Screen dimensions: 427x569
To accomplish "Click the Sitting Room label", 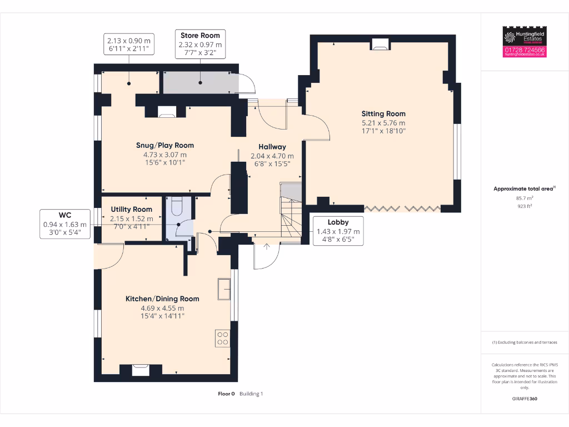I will [383, 113].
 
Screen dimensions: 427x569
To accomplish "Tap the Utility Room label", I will [131, 210].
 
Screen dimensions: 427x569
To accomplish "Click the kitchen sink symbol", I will [224, 289].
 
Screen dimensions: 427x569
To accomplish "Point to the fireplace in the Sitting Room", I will [380, 44].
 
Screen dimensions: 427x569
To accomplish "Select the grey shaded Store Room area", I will [199, 83].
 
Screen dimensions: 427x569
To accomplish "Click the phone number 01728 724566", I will [525, 50].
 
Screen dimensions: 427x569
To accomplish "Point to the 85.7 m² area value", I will [525, 197].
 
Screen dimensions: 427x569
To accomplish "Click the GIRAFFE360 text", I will [525, 399].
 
